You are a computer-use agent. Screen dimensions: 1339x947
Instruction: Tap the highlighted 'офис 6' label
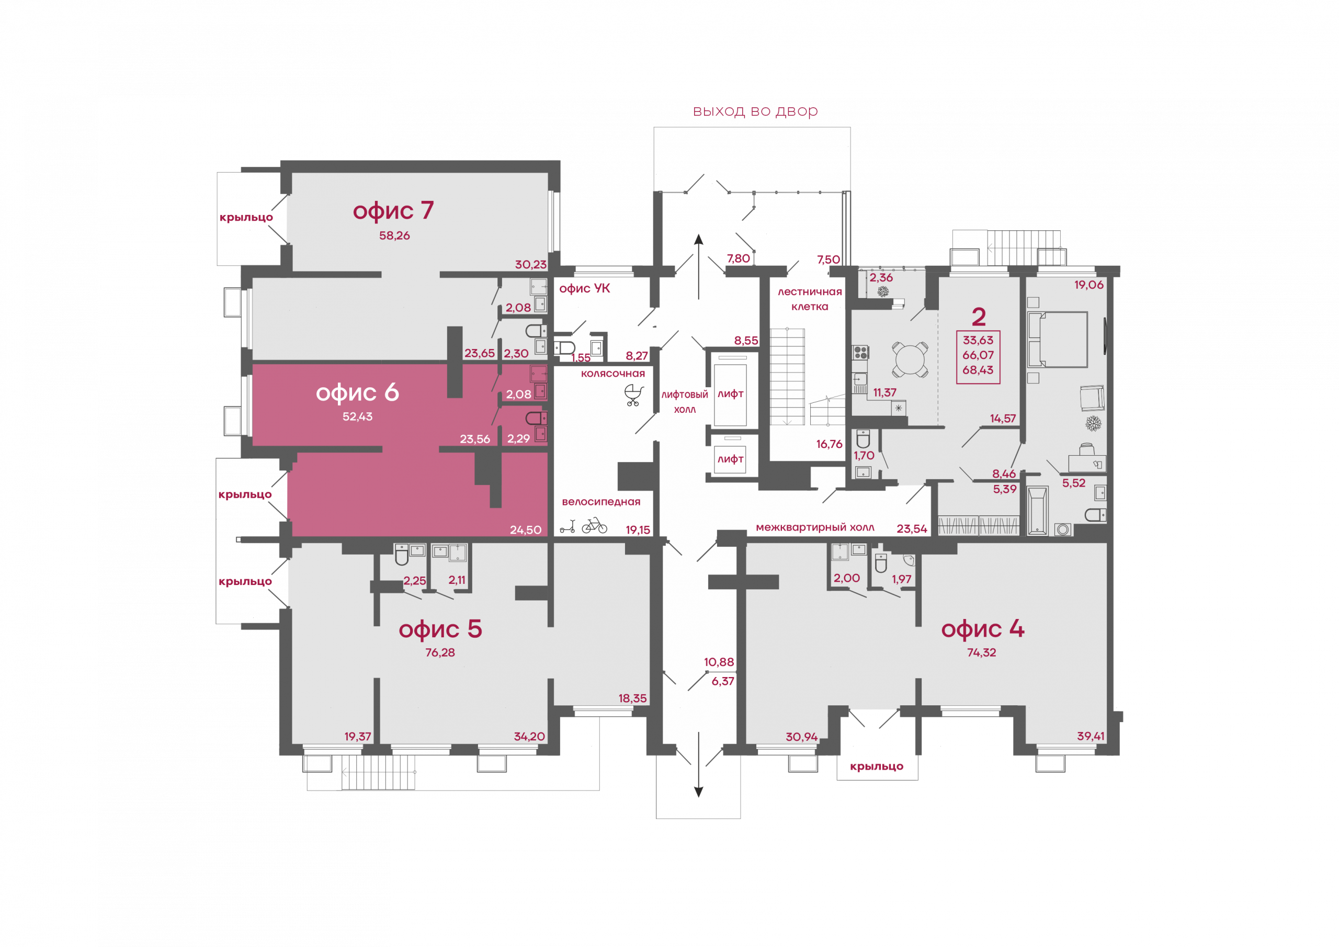click(357, 393)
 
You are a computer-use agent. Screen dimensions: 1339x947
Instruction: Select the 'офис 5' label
click(440, 629)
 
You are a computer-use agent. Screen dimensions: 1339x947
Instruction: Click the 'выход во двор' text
click(755, 111)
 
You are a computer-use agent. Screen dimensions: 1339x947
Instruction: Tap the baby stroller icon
click(634, 395)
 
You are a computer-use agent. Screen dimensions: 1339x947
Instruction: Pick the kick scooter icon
click(568, 526)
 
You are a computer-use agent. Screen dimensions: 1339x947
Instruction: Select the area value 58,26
click(394, 236)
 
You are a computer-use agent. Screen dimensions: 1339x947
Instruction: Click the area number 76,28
click(440, 652)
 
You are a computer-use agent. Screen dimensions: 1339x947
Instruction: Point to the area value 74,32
click(982, 652)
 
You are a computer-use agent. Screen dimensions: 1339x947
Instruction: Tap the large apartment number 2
click(979, 317)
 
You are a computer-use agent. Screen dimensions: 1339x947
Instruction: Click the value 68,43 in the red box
click(978, 370)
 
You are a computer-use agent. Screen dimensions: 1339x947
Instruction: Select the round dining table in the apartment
click(910, 360)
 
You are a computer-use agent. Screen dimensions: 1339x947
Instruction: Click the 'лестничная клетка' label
click(810, 299)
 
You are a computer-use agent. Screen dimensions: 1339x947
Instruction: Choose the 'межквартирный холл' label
click(815, 527)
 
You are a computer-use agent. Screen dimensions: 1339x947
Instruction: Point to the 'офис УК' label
click(584, 288)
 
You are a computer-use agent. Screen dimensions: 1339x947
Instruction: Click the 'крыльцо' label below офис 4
click(877, 766)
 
